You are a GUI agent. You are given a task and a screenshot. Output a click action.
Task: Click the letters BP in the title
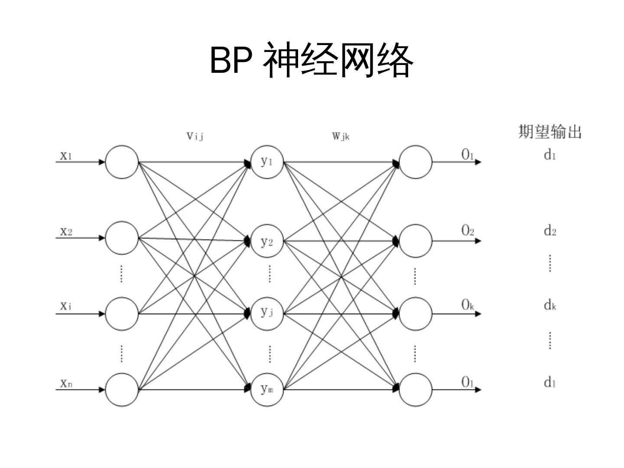click(x=231, y=60)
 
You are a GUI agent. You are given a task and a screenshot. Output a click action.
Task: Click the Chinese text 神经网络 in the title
click(x=338, y=60)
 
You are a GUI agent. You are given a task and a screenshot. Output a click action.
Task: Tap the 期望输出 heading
click(x=549, y=131)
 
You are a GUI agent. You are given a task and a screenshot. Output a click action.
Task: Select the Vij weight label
click(x=195, y=136)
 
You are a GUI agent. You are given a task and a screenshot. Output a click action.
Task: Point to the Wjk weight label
click(x=341, y=136)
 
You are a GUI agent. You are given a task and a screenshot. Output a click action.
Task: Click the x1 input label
click(x=66, y=155)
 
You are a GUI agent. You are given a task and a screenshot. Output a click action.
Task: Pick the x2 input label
click(x=66, y=231)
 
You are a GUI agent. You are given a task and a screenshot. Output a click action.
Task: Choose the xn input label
click(x=66, y=383)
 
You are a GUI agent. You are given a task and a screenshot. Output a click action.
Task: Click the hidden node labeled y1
click(x=267, y=162)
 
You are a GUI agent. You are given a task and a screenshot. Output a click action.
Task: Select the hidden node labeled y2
click(x=267, y=241)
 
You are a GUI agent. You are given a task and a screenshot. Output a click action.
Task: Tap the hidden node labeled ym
click(x=267, y=390)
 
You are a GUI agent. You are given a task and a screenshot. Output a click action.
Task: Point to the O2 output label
click(x=468, y=231)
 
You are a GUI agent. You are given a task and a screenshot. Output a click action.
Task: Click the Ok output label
click(x=468, y=305)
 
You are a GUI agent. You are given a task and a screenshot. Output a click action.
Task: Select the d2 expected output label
click(x=550, y=231)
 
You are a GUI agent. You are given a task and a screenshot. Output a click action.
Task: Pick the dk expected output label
click(x=550, y=305)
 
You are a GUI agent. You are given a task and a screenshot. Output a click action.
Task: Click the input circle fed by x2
click(x=122, y=238)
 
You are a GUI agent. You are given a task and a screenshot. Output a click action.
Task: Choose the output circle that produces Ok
click(x=415, y=314)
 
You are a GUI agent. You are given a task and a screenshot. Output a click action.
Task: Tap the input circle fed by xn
click(x=122, y=390)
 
